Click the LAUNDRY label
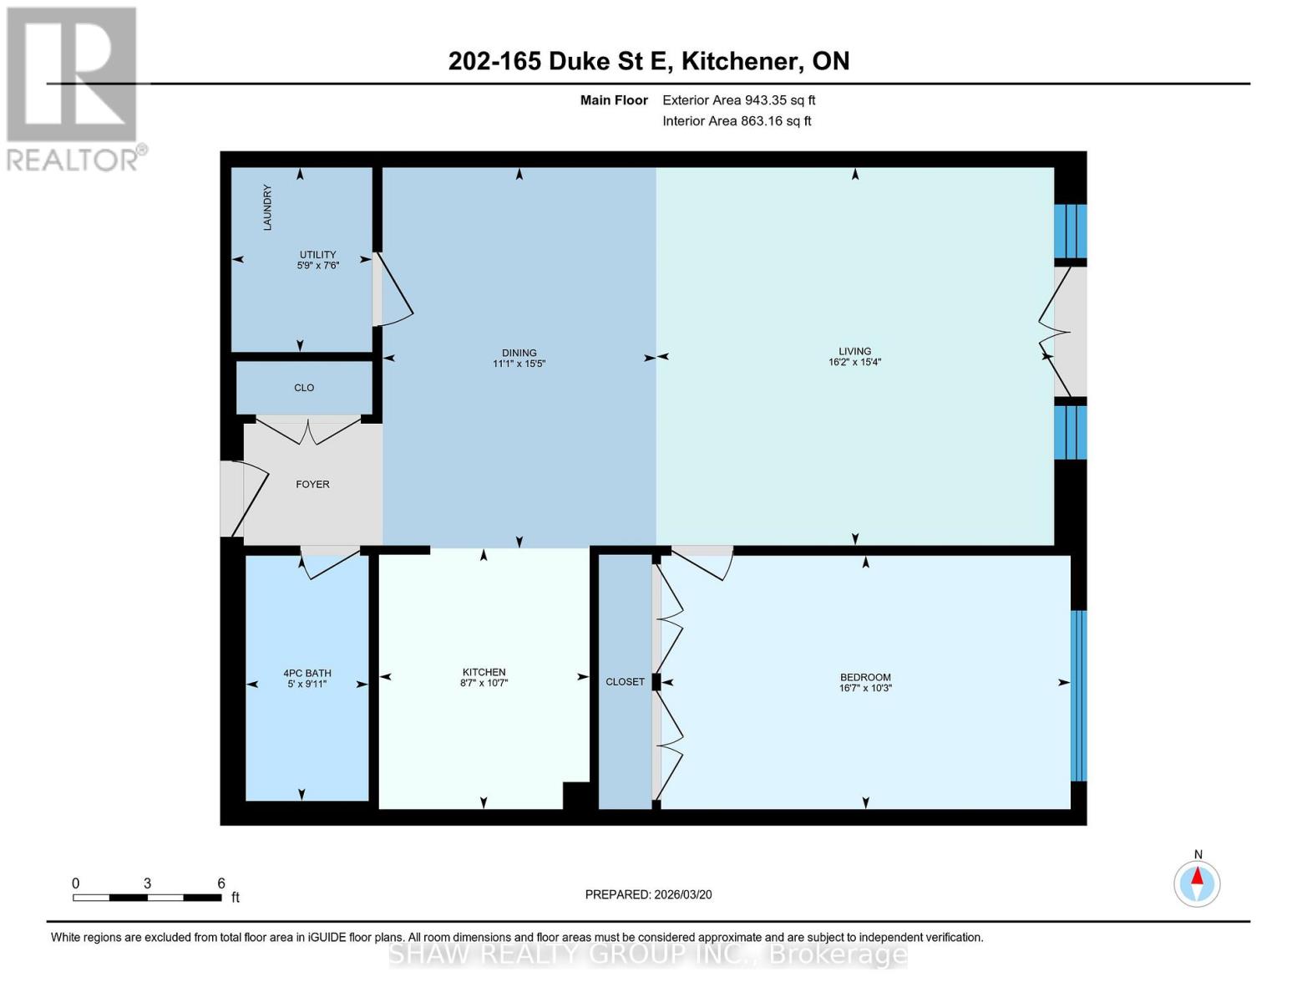pos(267,207)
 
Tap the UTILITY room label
pos(317,254)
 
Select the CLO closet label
pos(304,388)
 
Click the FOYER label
pos(312,485)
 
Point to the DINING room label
pos(519,353)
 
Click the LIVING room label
pos(854,351)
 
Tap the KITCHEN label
pos(484,672)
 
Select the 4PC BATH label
pos(307,673)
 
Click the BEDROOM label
pos(865,677)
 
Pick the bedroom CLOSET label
pos(625,681)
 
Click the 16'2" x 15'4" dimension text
pos(854,362)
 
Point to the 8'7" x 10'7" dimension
pos(484,683)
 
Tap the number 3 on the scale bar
pos(147,883)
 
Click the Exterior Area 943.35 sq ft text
pos(739,100)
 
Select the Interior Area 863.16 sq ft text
pos(737,121)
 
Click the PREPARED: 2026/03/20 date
pos(648,894)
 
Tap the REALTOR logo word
pos(73,160)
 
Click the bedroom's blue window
pos(1078,696)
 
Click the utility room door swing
pos(394,290)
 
